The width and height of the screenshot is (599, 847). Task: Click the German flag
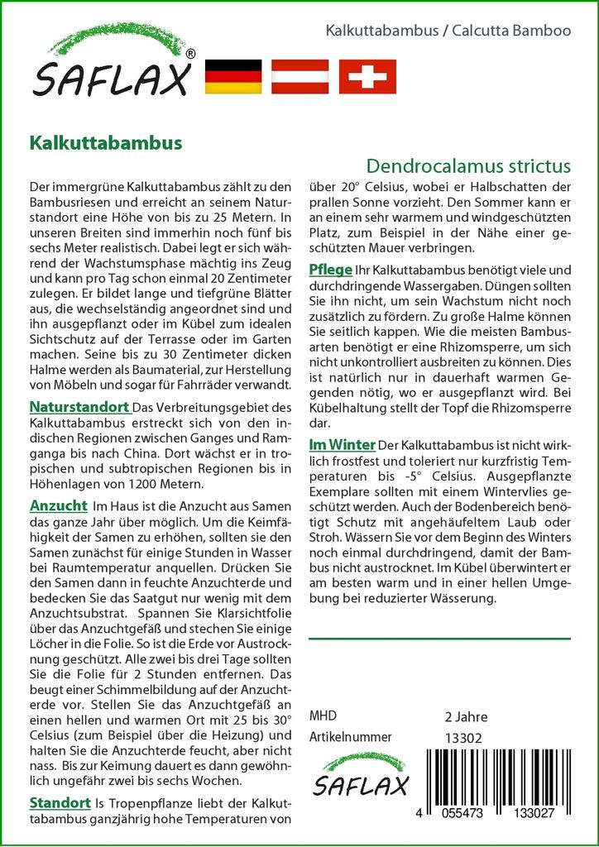[232, 76]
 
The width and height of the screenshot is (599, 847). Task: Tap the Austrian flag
[300, 76]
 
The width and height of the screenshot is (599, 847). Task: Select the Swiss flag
[368, 76]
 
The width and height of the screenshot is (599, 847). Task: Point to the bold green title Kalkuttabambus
[105, 141]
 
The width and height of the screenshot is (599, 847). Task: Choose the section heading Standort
[60, 802]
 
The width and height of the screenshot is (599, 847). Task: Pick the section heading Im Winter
[342, 444]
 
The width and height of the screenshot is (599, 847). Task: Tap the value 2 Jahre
[466, 716]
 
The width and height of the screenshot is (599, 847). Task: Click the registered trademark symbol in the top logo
[190, 54]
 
